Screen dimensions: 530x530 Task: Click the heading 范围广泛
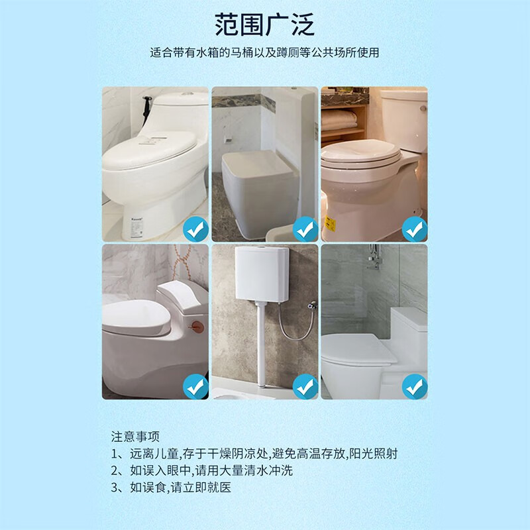point(264,25)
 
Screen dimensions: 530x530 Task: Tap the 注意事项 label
point(136,437)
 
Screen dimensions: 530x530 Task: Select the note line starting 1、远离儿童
point(254,454)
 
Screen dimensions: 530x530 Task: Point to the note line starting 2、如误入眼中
point(201,471)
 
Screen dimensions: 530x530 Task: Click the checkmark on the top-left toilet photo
point(195,230)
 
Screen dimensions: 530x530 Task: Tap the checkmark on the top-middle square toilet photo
point(305,230)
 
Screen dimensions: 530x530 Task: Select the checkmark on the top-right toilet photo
point(415,230)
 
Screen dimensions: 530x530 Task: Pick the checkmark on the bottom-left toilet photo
point(195,386)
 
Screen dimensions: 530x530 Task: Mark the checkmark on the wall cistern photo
point(305,386)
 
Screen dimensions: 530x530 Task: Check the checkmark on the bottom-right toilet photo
point(415,386)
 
